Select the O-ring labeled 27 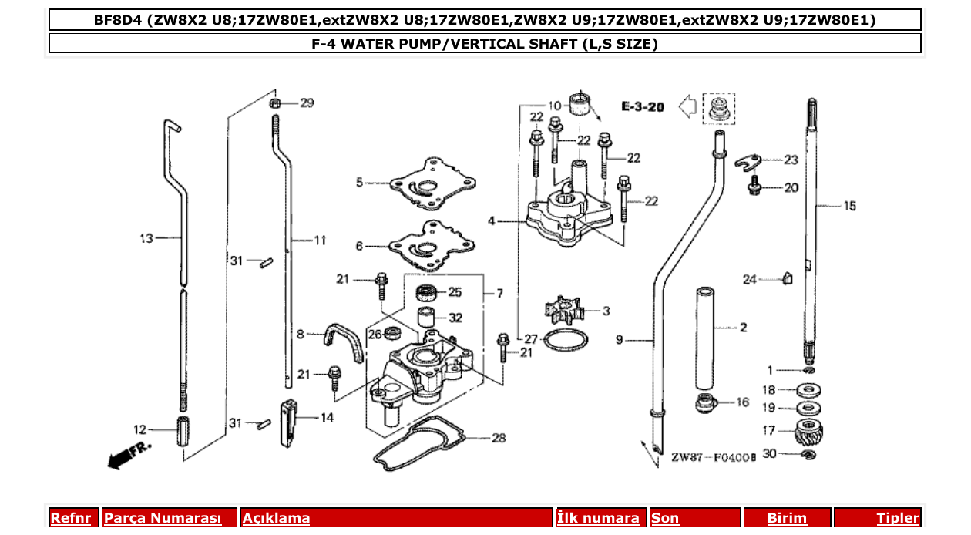click(567, 340)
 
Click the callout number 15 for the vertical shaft click(848, 206)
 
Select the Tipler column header click(898, 518)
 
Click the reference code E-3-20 click(643, 106)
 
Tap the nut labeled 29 click(275, 103)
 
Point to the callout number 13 click(146, 239)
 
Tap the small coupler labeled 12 click(183, 430)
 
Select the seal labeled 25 click(426, 292)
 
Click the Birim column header click(787, 518)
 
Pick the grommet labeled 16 click(704, 402)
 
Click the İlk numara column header click(598, 518)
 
